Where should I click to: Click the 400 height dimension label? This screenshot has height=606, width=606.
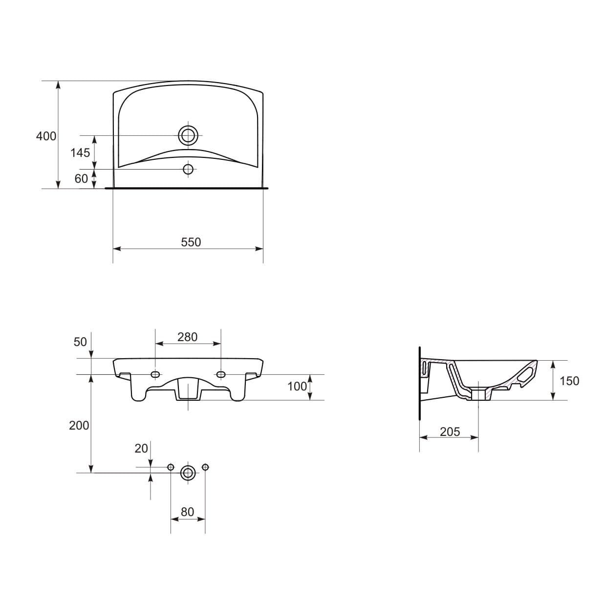click(x=46, y=136)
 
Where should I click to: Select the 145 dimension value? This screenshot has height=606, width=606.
click(x=80, y=153)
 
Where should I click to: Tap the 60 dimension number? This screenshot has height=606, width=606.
click(x=81, y=179)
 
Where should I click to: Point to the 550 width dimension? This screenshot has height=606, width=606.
click(x=191, y=242)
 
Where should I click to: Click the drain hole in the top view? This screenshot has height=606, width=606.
click(x=188, y=135)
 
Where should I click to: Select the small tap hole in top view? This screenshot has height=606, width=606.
click(x=188, y=169)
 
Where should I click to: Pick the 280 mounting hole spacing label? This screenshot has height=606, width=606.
click(x=187, y=337)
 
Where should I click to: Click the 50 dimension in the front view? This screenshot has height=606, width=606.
click(x=80, y=342)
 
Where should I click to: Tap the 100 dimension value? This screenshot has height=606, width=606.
click(x=297, y=387)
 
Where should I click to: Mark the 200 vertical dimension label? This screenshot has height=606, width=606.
click(x=79, y=426)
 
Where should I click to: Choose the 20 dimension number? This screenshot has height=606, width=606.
click(x=141, y=448)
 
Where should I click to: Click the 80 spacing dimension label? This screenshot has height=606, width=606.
click(x=187, y=512)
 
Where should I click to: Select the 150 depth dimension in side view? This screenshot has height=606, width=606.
click(x=569, y=381)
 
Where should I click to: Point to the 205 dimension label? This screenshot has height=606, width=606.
click(x=450, y=432)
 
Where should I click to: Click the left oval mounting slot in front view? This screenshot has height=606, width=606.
click(x=155, y=374)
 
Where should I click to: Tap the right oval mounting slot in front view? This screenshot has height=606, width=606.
click(x=221, y=374)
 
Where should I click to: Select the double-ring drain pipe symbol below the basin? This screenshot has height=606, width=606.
click(x=188, y=473)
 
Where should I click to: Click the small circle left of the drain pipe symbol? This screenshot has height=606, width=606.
click(x=171, y=467)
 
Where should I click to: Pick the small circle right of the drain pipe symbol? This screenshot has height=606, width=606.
click(x=205, y=467)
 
